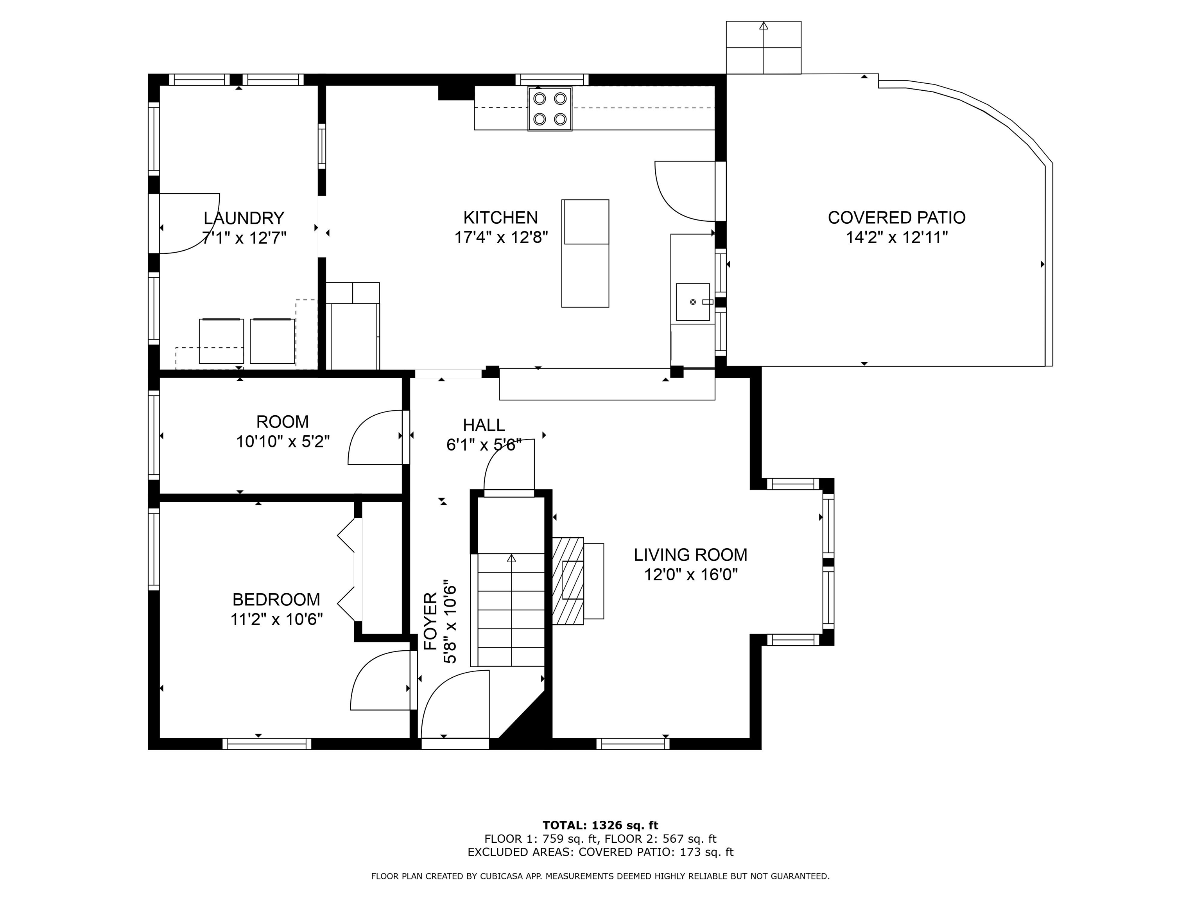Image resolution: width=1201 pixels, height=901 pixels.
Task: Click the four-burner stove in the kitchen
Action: click(549, 109)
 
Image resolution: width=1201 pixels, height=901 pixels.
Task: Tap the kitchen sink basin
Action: click(693, 302)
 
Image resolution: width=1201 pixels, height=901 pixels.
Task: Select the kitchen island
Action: click(585, 253)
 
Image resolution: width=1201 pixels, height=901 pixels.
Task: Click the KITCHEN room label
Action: click(500, 218)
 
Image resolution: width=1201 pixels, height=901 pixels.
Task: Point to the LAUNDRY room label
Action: click(244, 218)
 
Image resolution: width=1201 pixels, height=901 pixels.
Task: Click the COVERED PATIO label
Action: click(896, 218)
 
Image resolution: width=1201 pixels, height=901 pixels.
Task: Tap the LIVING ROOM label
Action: click(691, 555)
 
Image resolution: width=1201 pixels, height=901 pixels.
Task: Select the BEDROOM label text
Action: click(276, 599)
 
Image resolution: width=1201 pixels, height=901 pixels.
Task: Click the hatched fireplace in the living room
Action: click(568, 581)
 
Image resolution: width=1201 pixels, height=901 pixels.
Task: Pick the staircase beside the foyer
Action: click(510, 609)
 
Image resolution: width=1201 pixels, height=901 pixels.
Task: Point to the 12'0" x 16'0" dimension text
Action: click(691, 574)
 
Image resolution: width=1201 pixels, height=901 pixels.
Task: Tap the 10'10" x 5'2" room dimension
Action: click(283, 442)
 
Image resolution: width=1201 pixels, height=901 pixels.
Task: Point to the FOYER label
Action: click(430, 621)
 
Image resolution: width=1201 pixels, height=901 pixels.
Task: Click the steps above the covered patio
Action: click(764, 47)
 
